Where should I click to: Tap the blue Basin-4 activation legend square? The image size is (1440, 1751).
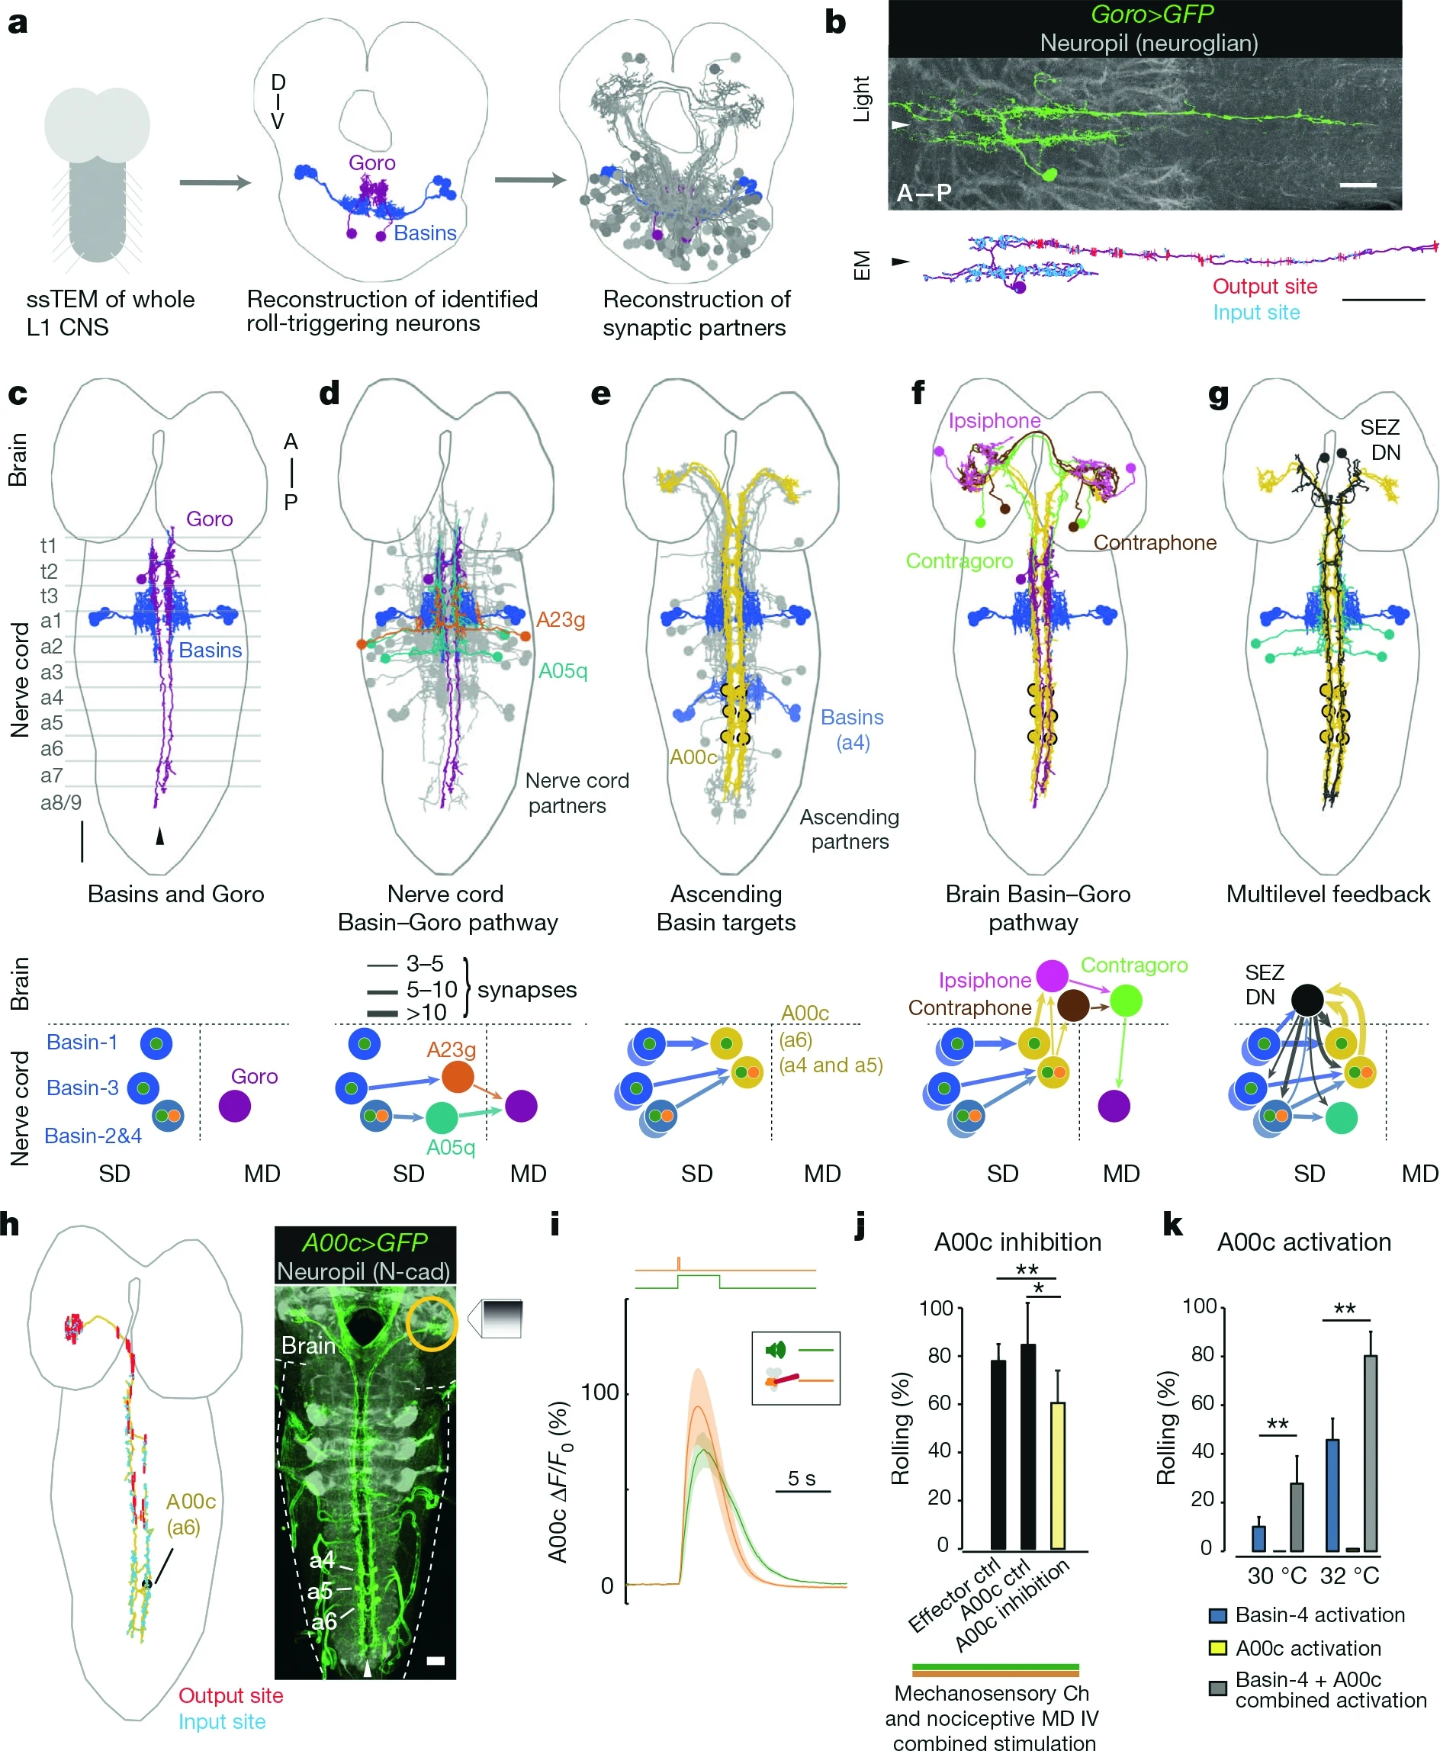tap(1218, 1615)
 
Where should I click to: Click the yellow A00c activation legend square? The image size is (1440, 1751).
tap(1218, 1648)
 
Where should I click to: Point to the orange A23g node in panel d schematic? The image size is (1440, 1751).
tap(458, 1077)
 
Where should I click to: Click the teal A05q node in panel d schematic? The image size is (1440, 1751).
tap(442, 1118)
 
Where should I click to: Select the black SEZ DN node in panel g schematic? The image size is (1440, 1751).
tap(1308, 1000)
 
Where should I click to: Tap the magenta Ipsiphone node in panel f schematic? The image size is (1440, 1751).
tap(1052, 975)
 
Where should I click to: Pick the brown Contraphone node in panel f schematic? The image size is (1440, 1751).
tap(1073, 1005)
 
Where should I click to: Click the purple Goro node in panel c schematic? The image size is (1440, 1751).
tap(235, 1107)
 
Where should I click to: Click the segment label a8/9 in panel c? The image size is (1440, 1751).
tap(60, 802)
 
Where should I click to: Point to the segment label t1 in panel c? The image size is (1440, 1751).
tap(48, 545)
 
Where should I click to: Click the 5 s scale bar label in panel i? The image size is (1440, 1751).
tap(802, 1478)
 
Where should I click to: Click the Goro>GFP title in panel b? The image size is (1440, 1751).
tap(1152, 14)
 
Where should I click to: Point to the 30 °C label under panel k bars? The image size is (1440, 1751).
tap(1277, 1575)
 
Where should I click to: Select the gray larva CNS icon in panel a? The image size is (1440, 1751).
tap(97, 174)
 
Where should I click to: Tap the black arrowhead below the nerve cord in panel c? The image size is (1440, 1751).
tap(160, 837)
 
